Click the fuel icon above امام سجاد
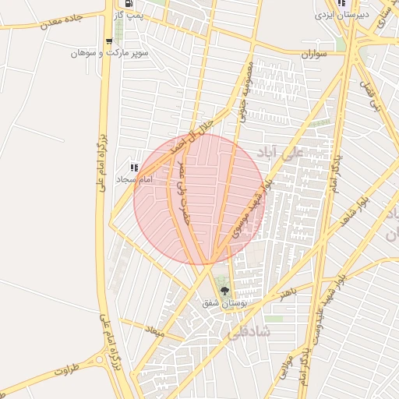click(x=135, y=167)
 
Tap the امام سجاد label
click(x=133, y=178)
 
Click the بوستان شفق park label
click(x=221, y=302)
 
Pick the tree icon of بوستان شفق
click(x=224, y=291)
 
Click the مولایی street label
click(x=285, y=366)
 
